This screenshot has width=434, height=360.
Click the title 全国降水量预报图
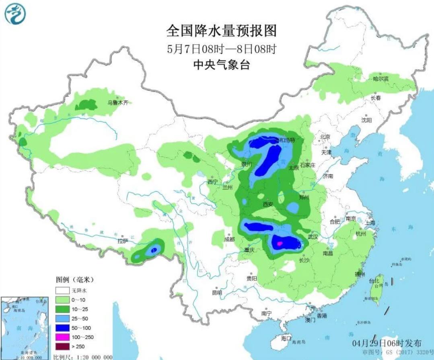tap(222, 31)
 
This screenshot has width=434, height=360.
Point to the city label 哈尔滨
tap(381, 79)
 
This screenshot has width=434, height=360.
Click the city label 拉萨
tap(122, 241)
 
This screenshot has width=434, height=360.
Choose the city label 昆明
tap(217, 292)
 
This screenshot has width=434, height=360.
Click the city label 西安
tap(268, 205)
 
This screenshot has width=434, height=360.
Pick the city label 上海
tap(370, 223)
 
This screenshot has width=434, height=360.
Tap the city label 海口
tap(286, 338)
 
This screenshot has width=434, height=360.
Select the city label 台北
tap(374, 280)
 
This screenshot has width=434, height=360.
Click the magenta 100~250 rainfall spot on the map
tap(280, 243)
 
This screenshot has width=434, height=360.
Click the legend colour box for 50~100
tap(62, 328)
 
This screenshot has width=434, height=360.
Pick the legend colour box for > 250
tap(62, 346)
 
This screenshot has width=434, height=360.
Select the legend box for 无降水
tap(62, 290)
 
